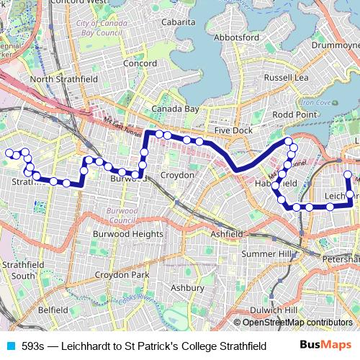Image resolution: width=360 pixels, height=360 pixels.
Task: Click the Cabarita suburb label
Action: click(179, 22)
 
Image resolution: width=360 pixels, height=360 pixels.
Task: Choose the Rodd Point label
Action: click(294, 114)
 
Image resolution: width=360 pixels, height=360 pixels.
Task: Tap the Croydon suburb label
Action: click(177, 175)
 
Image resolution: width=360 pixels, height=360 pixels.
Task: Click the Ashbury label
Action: click(187, 287)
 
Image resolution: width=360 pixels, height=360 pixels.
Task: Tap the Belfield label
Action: click(53, 309)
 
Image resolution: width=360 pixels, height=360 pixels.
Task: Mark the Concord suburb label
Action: click(140, 63)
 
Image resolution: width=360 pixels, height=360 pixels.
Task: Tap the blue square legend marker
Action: click(12, 346)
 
